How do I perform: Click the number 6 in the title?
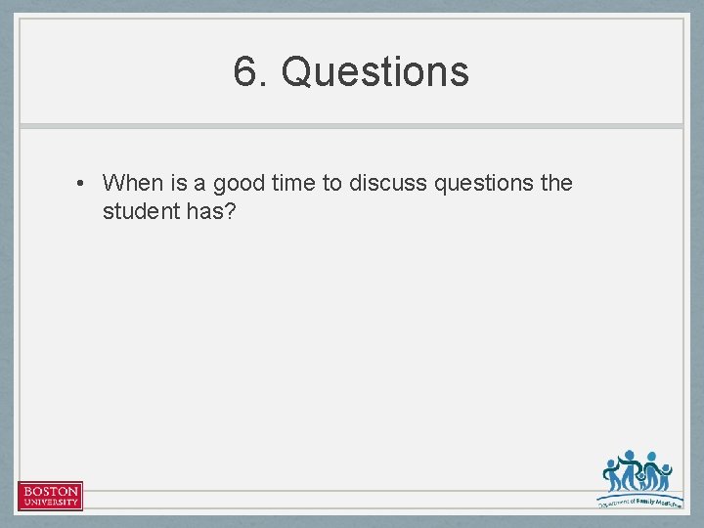pos(244,71)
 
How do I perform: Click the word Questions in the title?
pos(375,71)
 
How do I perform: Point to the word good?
pos(238,184)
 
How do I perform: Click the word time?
pos(291,183)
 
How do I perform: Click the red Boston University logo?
pos(50,496)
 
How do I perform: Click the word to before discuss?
pos(331,183)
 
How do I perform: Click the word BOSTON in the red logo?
pos(50,491)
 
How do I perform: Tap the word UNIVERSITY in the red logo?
pos(50,503)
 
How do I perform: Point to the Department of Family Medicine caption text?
pos(639,501)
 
